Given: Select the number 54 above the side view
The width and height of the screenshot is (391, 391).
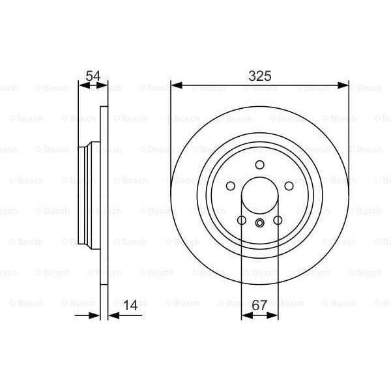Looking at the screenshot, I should [x=93, y=76].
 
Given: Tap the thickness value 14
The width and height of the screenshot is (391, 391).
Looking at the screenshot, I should [x=130, y=304].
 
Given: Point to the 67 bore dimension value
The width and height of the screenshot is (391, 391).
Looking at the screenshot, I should [x=259, y=304].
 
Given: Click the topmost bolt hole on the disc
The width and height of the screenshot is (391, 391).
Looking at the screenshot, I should [x=259, y=164].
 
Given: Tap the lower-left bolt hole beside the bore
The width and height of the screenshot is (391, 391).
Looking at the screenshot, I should [x=241, y=220].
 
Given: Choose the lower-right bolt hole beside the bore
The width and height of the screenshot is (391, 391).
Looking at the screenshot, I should [x=278, y=220].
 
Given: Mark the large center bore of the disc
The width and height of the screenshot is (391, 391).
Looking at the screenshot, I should [x=259, y=195].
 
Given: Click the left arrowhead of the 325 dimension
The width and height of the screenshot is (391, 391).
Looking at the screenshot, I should [x=175, y=85].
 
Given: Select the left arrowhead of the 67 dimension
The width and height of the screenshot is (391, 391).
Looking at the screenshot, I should [x=245, y=315].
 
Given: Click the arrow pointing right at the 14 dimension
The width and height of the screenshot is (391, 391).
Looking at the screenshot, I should [x=96, y=315].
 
